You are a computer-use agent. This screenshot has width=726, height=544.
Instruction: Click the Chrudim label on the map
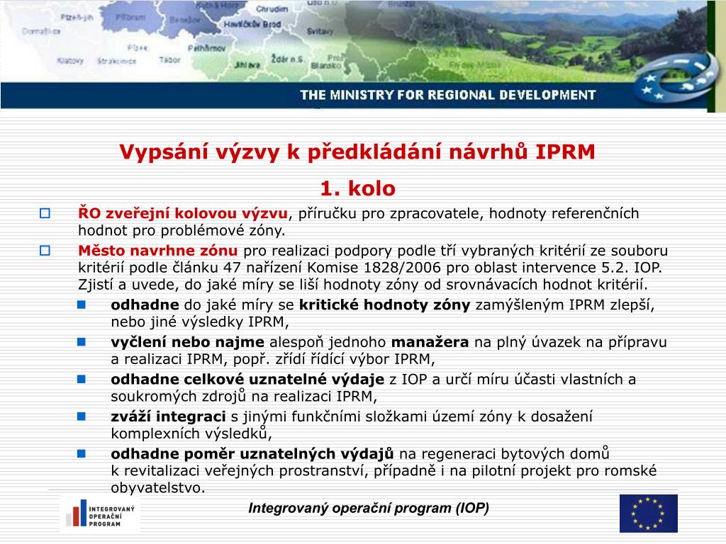(x=272, y=9)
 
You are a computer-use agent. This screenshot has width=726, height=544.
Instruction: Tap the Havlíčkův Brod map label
(x=252, y=23)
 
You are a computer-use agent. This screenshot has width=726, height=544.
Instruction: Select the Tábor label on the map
(x=170, y=60)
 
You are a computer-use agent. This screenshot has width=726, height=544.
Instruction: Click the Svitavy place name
(x=320, y=33)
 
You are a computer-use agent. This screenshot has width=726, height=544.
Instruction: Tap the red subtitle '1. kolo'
(x=357, y=188)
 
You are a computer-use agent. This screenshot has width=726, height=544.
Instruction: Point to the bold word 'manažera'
(x=430, y=342)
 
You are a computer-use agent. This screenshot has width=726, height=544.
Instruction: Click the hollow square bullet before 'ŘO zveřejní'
(x=45, y=212)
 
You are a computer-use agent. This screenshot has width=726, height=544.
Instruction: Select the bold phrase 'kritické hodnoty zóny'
(x=384, y=305)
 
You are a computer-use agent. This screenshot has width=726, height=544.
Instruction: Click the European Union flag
(x=648, y=513)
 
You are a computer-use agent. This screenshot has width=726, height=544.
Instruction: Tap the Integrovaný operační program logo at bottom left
(x=100, y=514)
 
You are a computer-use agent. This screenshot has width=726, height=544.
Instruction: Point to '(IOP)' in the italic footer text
(x=471, y=508)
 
